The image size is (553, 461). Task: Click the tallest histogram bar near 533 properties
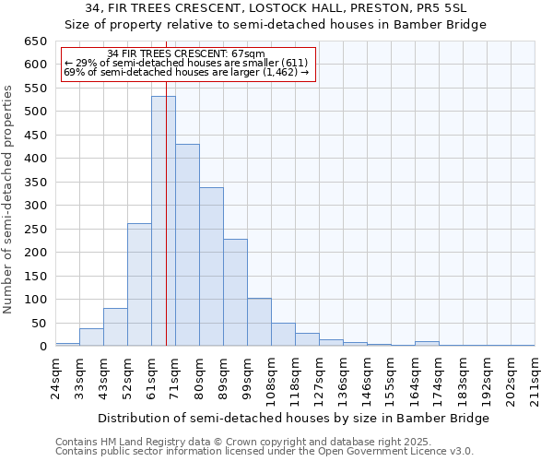point(163,221)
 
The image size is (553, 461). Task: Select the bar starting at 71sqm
point(187,245)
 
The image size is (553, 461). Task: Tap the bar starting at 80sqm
point(211,266)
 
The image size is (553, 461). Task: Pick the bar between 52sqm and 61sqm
point(139,285)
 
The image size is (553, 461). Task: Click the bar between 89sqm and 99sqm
point(235,292)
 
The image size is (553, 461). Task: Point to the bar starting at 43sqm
point(115,327)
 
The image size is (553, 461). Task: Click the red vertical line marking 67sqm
point(166,184)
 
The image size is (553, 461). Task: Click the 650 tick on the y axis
point(35,41)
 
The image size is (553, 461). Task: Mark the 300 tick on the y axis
point(35,206)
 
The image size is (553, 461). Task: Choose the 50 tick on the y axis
point(39,323)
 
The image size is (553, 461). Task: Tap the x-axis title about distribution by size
point(293,418)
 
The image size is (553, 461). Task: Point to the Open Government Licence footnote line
point(265,452)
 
